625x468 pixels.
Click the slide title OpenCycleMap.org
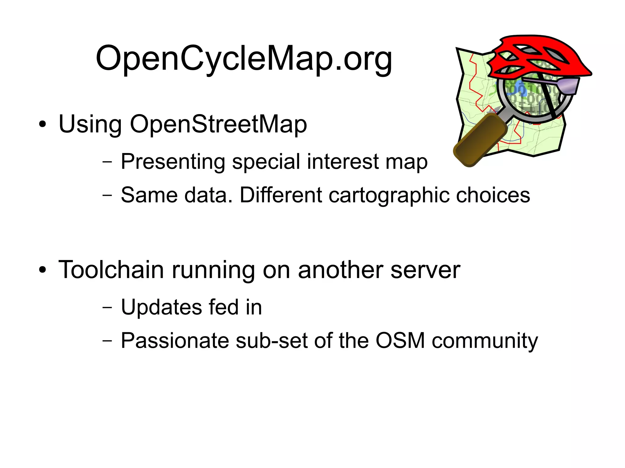(244, 59)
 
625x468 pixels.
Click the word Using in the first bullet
(90, 124)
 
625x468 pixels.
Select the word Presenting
(173, 162)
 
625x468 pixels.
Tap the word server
(425, 270)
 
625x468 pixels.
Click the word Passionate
(175, 341)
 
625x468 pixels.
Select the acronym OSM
(400, 341)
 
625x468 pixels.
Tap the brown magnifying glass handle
(481, 140)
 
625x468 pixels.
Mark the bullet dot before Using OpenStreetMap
(43, 124)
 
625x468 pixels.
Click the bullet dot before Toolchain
(43, 270)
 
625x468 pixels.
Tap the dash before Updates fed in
(107, 307)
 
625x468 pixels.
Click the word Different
(281, 195)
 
